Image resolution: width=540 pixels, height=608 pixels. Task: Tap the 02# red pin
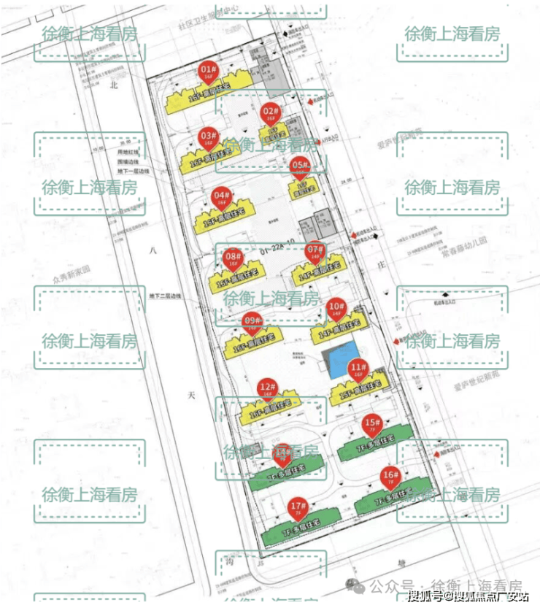coord(270,113)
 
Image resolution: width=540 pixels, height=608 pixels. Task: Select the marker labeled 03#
coord(208,137)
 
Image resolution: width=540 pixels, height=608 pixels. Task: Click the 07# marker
coord(315,252)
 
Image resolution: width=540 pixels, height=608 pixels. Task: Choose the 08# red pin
coord(233,258)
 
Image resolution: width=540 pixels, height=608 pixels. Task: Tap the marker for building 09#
coord(252,321)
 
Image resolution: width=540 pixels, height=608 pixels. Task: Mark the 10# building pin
coord(336,308)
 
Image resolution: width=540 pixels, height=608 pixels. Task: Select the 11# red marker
coord(358,369)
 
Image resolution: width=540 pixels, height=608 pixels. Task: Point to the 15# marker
coord(373,424)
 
